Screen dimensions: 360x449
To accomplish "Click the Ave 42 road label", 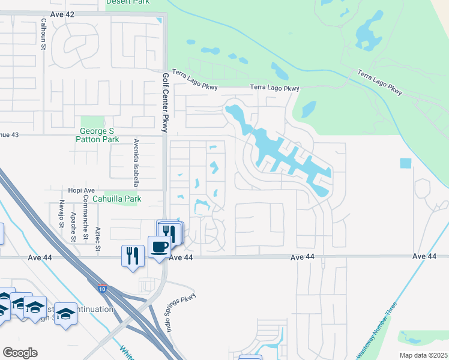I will (62, 13).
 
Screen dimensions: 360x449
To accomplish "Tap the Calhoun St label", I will (43, 29).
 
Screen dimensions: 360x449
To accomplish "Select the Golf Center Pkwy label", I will (164, 103).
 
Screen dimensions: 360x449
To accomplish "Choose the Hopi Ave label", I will (65, 190).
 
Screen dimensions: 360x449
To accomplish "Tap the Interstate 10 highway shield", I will (103, 288).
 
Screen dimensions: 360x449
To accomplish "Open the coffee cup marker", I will (159, 246).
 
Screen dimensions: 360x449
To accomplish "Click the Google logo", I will (20, 352).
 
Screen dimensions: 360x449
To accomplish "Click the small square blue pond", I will (406, 163).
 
